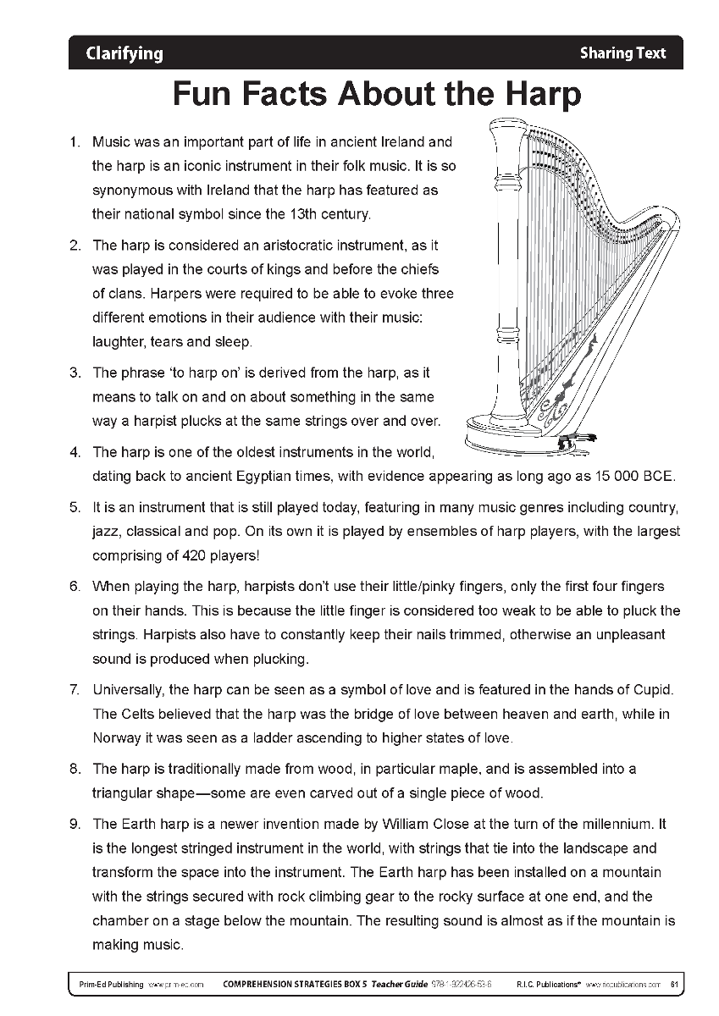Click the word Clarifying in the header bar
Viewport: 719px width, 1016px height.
pyautogui.click(x=124, y=53)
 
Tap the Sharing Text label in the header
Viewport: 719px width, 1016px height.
pyautogui.click(x=622, y=53)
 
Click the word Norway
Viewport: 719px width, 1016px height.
pyautogui.click(x=118, y=737)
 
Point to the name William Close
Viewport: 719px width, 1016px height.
pyautogui.click(x=423, y=824)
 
